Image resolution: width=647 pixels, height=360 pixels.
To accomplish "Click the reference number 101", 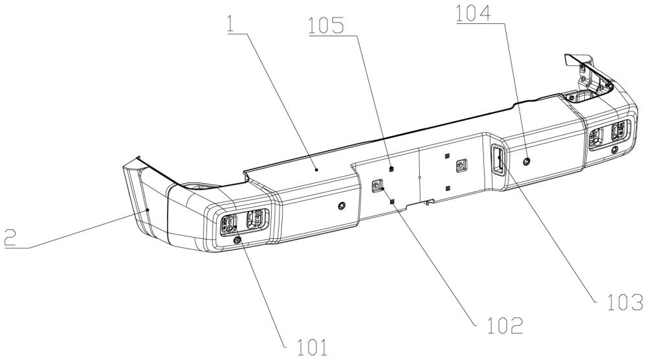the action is click(x=313, y=347).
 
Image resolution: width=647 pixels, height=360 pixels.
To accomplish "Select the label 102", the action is click(x=505, y=326).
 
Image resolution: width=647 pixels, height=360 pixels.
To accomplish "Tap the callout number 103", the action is click(x=625, y=302).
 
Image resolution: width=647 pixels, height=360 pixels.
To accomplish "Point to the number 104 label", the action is click(x=474, y=14).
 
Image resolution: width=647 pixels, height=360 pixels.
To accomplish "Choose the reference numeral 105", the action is click(x=326, y=26).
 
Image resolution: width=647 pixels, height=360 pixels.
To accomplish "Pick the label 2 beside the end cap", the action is click(x=10, y=238).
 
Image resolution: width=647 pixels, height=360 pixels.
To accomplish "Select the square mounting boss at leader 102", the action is click(x=377, y=186).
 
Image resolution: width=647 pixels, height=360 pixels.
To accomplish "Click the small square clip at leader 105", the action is click(x=391, y=168).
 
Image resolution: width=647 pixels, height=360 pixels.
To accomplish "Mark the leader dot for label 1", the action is click(x=316, y=169).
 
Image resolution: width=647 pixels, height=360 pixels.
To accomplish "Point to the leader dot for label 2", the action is click(x=148, y=210).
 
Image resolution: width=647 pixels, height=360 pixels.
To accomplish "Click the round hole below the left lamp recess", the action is click(x=237, y=240).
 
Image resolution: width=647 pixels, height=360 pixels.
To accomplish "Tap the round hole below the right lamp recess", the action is click(x=615, y=150).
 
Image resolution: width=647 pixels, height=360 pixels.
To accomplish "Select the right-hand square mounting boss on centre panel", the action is click(x=461, y=166).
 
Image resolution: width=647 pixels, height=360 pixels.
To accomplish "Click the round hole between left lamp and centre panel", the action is click(x=341, y=206).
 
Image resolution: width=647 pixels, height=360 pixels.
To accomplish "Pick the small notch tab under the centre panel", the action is click(x=430, y=202).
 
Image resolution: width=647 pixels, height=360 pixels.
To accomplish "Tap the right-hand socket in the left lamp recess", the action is click(x=254, y=219).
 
